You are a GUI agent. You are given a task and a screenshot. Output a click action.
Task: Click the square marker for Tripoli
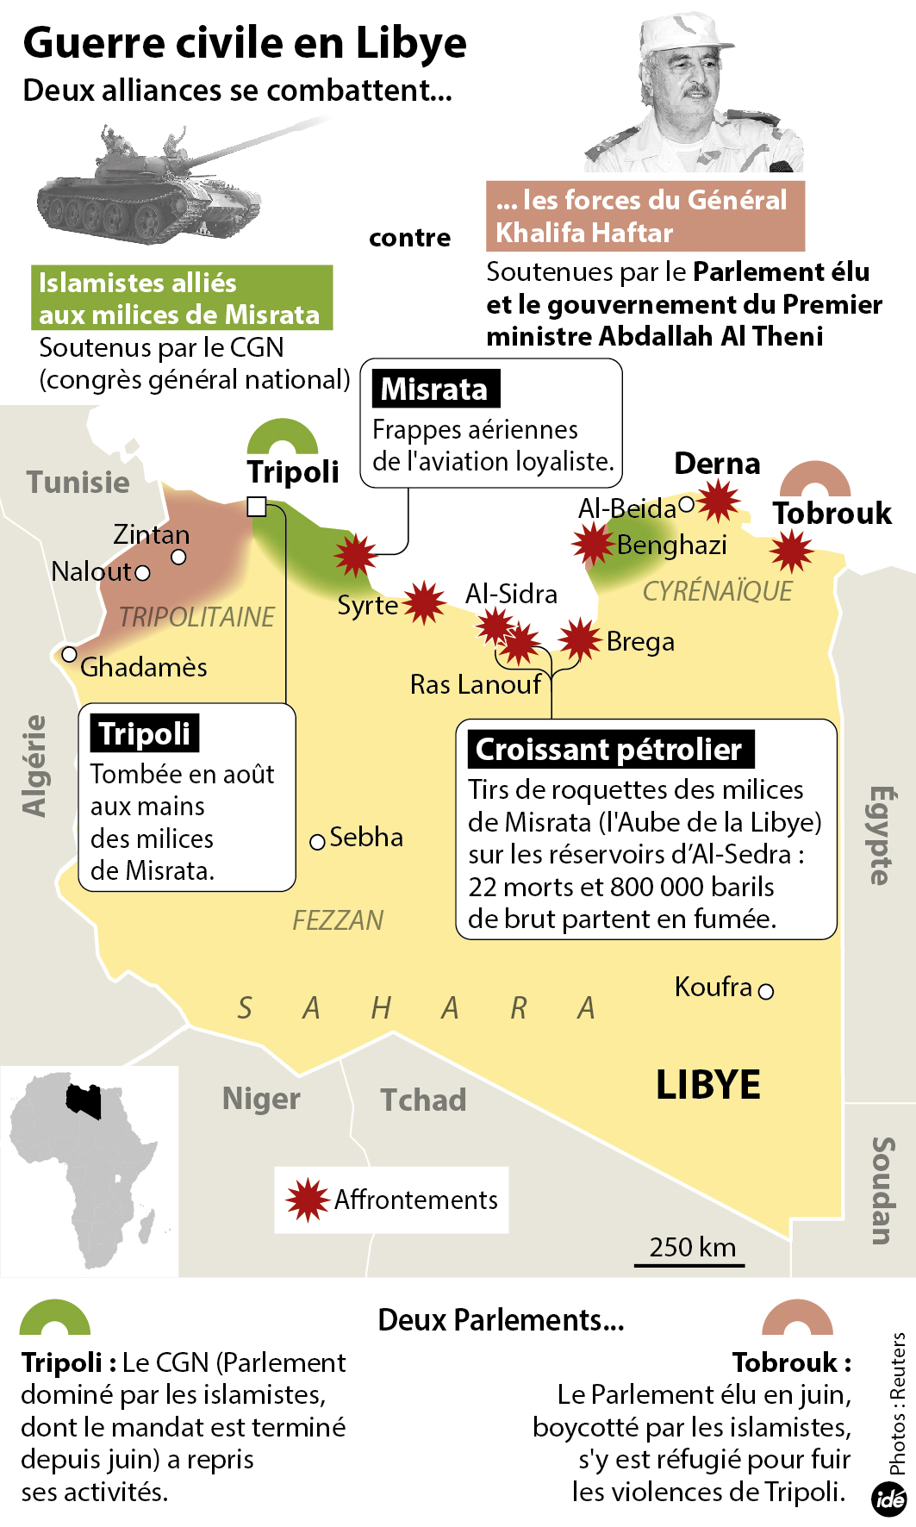[256, 507]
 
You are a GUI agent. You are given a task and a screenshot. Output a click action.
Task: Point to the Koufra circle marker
[766, 991]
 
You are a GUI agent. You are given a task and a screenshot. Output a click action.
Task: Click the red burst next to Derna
[718, 501]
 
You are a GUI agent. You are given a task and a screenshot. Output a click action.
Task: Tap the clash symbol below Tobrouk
[790, 551]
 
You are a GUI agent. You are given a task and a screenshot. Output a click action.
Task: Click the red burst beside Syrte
[423, 602]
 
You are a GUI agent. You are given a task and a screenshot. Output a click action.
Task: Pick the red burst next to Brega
[579, 640]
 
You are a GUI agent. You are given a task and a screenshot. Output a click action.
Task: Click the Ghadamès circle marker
[70, 655]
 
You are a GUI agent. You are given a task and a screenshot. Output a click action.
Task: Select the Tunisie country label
[78, 482]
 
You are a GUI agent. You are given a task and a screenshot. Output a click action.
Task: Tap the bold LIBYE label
[707, 1085]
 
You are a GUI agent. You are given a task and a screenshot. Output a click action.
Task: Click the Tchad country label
[423, 1100]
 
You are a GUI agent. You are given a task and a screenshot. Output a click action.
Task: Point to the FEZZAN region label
[338, 920]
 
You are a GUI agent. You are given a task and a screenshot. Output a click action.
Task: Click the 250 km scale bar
[689, 1265]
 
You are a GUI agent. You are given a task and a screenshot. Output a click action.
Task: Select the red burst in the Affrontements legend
[307, 1200]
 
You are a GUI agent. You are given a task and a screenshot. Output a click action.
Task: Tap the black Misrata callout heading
[435, 390]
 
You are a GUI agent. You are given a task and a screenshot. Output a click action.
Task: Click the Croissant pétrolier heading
[609, 750]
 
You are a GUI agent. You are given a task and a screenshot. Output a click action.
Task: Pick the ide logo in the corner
[888, 1499]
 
